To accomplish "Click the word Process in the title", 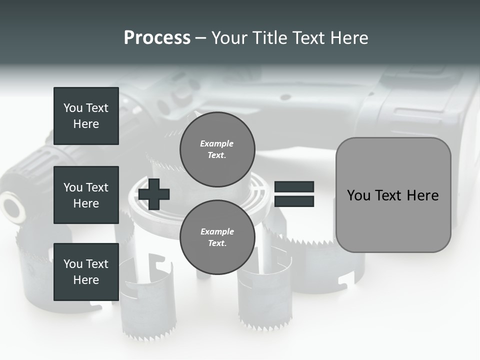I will pos(157,38).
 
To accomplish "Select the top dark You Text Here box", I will pos(86,116).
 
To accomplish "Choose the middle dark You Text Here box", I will pos(86,195).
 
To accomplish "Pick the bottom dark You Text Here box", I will pos(86,272).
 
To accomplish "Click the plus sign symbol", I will pos(154,194).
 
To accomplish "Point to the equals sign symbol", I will pos(294,194).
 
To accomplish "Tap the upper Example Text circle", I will pos(217,149).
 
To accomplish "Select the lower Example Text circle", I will pos(217,237).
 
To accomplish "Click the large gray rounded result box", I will pos(393,195).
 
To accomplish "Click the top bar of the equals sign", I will pos(294,187).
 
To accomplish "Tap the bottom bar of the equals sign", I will pos(294,201).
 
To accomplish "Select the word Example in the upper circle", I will pos(217,143).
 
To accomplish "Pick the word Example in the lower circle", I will pos(217,231).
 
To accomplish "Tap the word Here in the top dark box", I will pos(86,124).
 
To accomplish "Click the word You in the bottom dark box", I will pos(73,264).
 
